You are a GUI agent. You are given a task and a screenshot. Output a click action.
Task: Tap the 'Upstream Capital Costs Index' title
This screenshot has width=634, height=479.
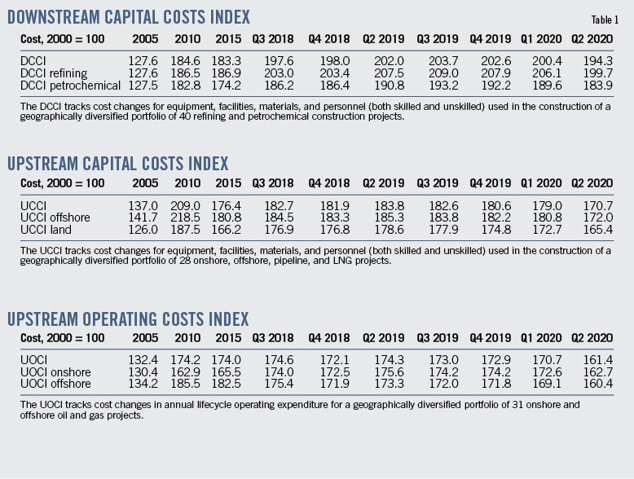(x=117, y=164)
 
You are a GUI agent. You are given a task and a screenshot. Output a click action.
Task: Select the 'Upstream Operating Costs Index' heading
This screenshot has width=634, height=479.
(x=128, y=319)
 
